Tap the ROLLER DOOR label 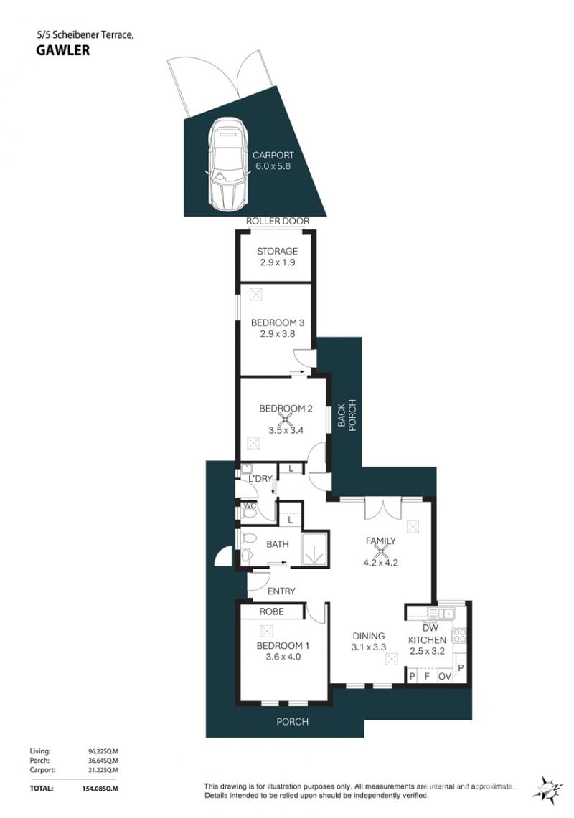(278, 222)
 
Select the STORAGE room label (278, 252)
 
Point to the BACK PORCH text (347, 415)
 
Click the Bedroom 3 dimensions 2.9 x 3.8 (278, 334)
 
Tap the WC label (250, 505)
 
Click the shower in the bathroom (314, 549)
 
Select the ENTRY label (281, 591)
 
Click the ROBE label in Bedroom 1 (272, 612)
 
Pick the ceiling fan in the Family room (381, 551)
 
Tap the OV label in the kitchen (444, 677)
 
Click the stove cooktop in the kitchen (459, 635)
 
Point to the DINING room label (369, 636)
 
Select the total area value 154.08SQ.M (97, 789)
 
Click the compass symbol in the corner (547, 789)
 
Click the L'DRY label (260, 478)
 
